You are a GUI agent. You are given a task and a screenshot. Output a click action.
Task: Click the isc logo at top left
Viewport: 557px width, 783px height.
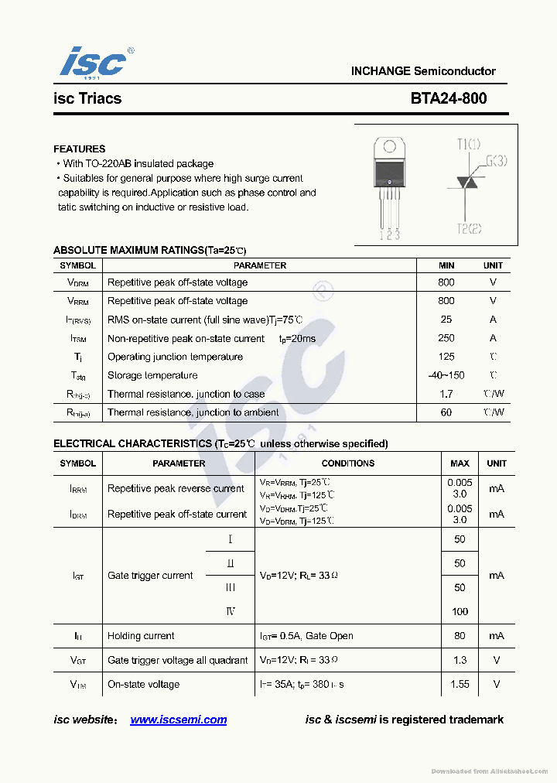click(x=93, y=62)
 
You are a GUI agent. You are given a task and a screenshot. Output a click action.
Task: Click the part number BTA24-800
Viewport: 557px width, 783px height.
click(x=449, y=98)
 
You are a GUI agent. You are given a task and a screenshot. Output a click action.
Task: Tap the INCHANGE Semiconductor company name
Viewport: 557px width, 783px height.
click(x=423, y=71)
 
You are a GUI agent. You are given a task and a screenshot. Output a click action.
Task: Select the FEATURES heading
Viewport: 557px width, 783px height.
click(x=79, y=149)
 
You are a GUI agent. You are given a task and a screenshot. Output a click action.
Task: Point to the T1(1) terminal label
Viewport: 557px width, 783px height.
click(x=468, y=144)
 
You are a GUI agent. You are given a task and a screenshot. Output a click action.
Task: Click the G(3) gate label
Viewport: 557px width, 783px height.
click(x=496, y=161)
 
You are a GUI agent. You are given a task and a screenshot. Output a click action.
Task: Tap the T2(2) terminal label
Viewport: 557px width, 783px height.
click(x=469, y=228)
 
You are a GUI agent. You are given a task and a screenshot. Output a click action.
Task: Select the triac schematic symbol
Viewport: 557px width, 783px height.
click(x=465, y=183)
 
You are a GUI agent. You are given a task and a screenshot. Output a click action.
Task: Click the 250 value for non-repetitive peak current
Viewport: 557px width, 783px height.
click(x=446, y=338)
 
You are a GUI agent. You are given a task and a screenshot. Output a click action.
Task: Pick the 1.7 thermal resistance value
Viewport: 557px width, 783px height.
click(x=446, y=394)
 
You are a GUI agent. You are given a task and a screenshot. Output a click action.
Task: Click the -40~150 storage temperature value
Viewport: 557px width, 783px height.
click(x=446, y=375)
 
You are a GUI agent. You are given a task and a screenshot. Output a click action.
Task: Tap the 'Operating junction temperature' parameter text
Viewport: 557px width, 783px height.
click(x=175, y=357)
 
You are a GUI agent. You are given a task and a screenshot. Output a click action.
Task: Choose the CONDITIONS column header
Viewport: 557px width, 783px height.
click(x=347, y=463)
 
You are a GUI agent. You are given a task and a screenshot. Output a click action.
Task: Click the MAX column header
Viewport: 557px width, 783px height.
click(x=460, y=463)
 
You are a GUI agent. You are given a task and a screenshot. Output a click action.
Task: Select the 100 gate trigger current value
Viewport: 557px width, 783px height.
click(x=460, y=611)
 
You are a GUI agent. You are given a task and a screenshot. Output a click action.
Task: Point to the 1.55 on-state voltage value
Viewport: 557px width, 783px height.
click(x=460, y=684)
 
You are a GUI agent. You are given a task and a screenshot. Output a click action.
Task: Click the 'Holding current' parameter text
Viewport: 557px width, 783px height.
click(x=141, y=636)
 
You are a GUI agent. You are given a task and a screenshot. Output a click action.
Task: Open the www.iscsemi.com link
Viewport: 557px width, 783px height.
click(x=179, y=720)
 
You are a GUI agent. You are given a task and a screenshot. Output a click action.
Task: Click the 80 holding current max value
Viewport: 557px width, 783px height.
click(x=460, y=636)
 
